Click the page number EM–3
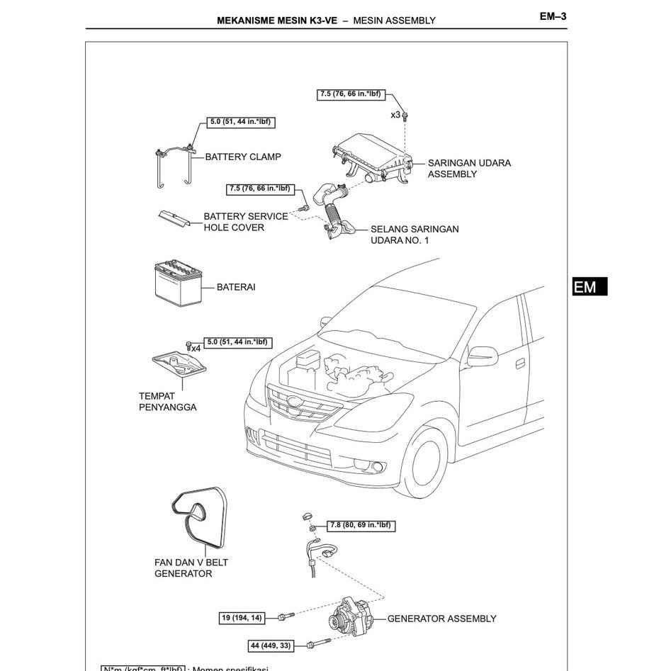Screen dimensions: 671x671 553,17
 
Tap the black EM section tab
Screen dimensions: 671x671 590,286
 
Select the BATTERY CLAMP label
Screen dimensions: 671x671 242,157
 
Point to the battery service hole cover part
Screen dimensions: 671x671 173,219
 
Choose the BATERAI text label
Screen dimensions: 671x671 236,288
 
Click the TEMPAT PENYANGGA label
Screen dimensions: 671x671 167,402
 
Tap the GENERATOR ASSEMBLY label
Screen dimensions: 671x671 441,619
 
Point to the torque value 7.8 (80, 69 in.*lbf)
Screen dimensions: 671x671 361,526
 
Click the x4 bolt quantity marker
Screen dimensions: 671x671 195,349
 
